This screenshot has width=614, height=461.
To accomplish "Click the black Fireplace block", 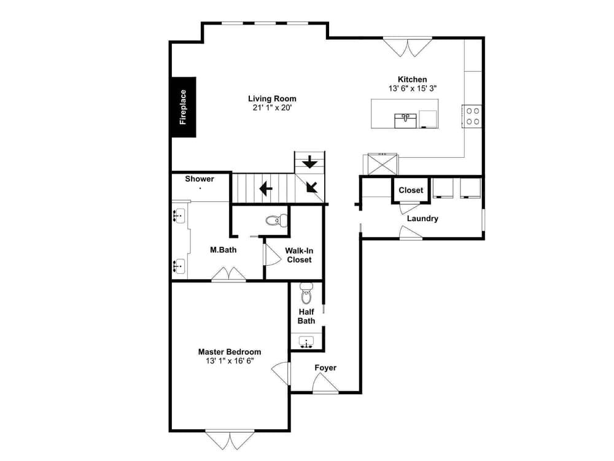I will [184, 107].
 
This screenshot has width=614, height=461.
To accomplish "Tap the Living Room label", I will [272, 98].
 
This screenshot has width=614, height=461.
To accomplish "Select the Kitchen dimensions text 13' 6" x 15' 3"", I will [412, 88].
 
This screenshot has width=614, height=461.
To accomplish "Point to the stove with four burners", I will [472, 116].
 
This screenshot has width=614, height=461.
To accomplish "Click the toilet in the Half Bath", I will [306, 295].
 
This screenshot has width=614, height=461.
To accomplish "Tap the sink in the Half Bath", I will [306, 342].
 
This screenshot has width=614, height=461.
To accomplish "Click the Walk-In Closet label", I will [299, 255].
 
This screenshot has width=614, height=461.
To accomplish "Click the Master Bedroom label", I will [229, 352].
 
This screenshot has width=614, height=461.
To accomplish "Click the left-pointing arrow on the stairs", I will [265, 188].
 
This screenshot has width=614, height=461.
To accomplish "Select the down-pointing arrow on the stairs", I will [310, 162].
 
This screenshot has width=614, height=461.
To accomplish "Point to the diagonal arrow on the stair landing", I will [312, 186].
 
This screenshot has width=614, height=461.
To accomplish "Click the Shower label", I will [200, 179].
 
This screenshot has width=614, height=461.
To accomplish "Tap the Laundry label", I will [422, 219].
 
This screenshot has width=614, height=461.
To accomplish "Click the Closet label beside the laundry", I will [411, 190].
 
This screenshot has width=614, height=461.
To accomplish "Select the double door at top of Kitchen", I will [403, 47].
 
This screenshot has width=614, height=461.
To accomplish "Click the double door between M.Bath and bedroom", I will [228, 274].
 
